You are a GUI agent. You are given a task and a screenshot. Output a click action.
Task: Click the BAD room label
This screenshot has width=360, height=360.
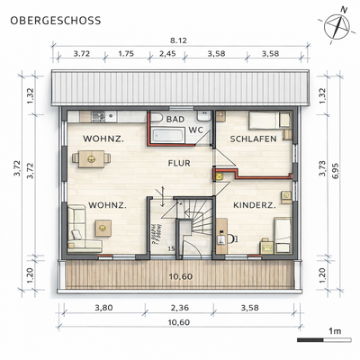tap(175, 120)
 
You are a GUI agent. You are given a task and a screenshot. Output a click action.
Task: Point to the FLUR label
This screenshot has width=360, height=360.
tap(178, 164)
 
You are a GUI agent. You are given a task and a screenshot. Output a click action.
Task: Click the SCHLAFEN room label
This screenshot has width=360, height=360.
tap(251, 139)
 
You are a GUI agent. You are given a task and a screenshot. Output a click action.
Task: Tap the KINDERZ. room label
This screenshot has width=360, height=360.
tap(254, 206)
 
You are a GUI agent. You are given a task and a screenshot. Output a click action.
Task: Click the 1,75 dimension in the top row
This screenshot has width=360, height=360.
tap(128, 54)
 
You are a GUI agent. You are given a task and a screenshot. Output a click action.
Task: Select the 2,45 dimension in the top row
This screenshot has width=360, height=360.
tap(168, 54)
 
